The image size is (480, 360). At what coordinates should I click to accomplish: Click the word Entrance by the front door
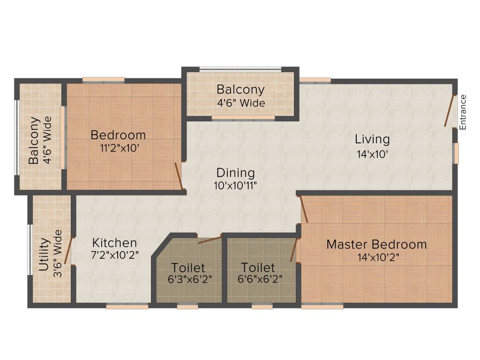[463, 112]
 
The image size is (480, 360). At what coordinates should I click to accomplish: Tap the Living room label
[372, 139]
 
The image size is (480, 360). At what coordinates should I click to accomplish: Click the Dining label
[235, 172]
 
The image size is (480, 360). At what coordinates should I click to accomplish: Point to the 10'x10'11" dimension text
[235, 185]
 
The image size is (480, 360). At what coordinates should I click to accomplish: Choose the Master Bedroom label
[376, 244]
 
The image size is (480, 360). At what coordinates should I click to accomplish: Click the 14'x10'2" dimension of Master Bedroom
[376, 257]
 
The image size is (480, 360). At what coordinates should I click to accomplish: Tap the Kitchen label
[114, 243]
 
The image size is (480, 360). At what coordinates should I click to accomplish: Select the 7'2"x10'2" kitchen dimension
[114, 255]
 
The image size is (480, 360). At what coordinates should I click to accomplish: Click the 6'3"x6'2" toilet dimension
[187, 280]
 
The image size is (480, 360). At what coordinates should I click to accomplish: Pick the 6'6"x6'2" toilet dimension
[258, 280]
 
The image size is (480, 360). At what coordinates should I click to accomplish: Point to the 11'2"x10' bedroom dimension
[118, 148]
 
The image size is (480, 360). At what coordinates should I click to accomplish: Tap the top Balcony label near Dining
[240, 90]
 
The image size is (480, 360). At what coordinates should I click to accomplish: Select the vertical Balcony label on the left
[33, 141]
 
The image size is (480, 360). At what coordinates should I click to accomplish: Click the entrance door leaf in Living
[450, 111]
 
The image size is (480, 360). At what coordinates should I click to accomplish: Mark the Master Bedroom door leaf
[304, 209]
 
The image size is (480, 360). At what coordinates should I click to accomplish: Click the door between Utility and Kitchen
[68, 251]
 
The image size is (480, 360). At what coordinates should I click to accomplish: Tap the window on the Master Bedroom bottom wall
[322, 307]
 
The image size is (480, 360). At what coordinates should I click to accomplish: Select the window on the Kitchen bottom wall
[127, 307]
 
